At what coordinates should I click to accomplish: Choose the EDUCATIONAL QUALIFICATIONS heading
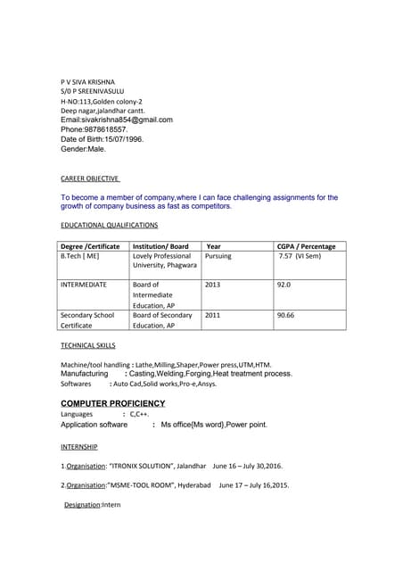[x=109, y=226]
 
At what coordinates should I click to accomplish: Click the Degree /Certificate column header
[x=90, y=246]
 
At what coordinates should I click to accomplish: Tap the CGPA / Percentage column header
[x=307, y=246]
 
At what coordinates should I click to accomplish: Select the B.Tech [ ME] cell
[x=80, y=256]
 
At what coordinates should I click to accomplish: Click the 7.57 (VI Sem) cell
[x=300, y=256]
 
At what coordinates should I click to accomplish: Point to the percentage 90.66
[x=286, y=315]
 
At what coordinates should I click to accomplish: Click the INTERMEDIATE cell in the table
[x=84, y=285]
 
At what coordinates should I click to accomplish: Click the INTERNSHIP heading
[x=79, y=446]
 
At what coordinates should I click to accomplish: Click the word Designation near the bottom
[x=82, y=505]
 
